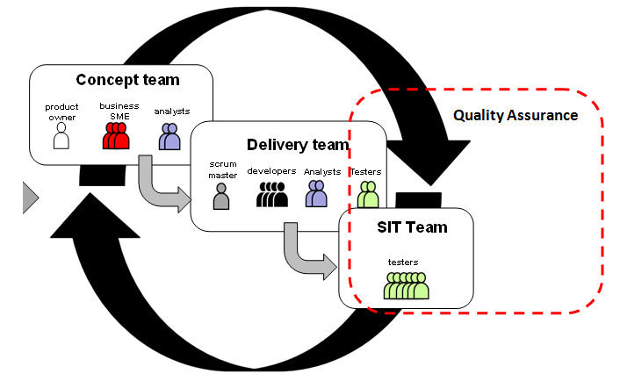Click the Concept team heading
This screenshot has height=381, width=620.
[127, 80]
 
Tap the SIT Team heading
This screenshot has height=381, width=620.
[407, 227]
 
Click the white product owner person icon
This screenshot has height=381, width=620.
[61, 136]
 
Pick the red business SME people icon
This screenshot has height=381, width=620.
[115, 136]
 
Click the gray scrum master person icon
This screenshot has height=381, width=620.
[221, 195]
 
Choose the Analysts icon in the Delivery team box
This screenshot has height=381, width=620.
[316, 194]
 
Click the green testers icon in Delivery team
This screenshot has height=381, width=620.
[367, 193]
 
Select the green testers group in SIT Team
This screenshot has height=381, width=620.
[406, 284]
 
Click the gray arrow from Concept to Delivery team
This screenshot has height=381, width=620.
[163, 186]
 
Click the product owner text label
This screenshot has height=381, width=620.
[61, 112]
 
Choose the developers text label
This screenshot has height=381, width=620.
[271, 170]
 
